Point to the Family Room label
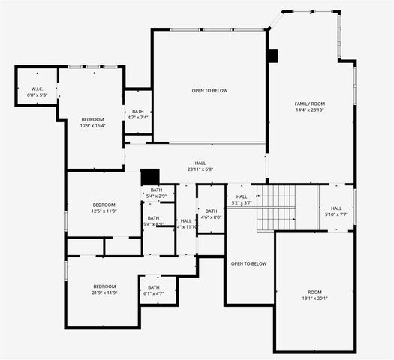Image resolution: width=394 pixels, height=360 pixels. (x=309, y=103)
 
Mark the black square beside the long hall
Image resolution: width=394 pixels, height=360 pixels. (x=150, y=177)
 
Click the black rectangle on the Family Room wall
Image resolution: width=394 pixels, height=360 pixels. (x=272, y=56)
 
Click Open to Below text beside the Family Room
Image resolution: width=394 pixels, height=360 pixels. (x=209, y=91)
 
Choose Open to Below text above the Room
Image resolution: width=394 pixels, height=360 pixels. (x=248, y=263)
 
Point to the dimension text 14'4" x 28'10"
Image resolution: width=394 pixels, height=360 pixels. (x=309, y=109)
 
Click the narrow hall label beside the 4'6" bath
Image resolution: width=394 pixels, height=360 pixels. (x=186, y=223)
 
